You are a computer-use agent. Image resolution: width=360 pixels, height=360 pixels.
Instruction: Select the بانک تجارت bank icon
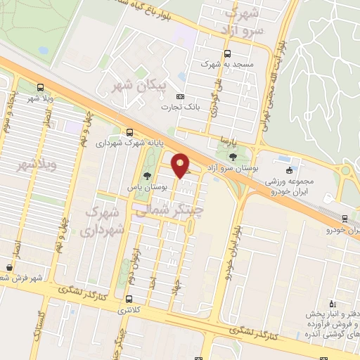coord(181,96)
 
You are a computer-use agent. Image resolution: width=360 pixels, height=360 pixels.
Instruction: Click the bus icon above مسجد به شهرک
coord(226,54)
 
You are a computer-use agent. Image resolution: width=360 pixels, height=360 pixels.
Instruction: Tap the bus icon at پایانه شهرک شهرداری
coord(129,131)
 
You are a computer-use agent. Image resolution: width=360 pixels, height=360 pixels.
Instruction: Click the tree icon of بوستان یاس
coord(147,176)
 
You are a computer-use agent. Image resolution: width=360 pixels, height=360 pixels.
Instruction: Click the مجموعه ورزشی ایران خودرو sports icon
coord(289,170)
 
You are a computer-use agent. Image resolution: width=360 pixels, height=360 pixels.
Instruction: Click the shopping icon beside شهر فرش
coord(9,268)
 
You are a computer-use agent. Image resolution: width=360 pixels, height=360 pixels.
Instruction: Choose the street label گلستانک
coord(43,330)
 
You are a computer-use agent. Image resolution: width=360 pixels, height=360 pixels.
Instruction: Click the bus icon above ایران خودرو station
coord(344,219)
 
